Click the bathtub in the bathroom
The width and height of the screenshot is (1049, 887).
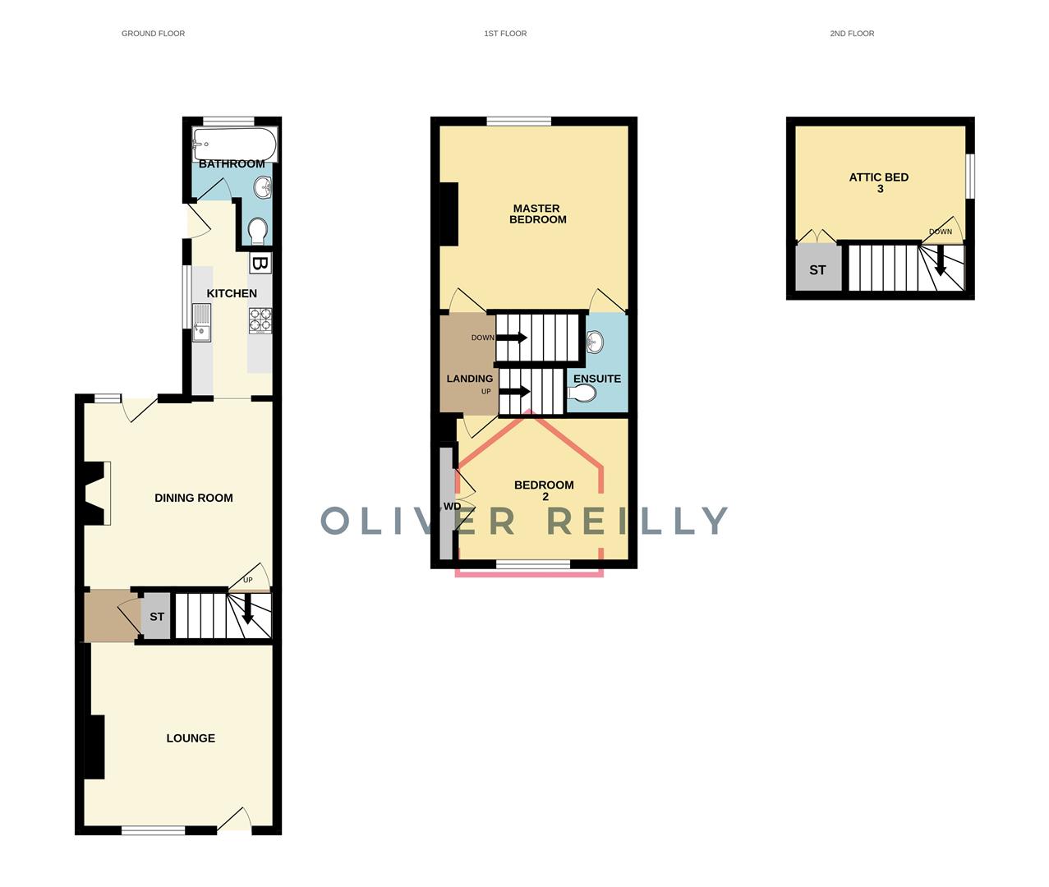point(235,145)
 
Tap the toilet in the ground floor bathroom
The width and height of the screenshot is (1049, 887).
point(259,232)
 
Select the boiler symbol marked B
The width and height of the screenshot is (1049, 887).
point(260,264)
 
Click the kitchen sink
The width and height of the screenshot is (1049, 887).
point(201,322)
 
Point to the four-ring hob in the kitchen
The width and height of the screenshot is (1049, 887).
point(260,320)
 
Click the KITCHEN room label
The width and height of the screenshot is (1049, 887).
point(232,293)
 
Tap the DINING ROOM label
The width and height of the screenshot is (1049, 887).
point(194,498)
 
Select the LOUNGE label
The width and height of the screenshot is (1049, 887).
point(191,738)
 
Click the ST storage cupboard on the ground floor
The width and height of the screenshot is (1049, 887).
point(156,616)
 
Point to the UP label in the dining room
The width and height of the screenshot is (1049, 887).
point(247,580)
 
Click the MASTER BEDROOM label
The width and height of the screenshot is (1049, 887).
point(537,214)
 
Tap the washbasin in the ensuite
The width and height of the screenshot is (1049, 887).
point(594,342)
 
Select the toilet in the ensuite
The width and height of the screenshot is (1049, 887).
point(582,393)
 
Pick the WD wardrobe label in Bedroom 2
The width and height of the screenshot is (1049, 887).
point(452,507)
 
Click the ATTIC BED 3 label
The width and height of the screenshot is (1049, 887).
point(879,182)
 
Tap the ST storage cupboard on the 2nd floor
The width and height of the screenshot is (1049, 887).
point(817,268)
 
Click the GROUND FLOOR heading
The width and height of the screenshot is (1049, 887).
point(154,34)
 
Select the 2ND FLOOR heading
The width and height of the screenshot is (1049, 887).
point(852,34)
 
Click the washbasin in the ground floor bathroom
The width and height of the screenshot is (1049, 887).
point(263,187)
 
